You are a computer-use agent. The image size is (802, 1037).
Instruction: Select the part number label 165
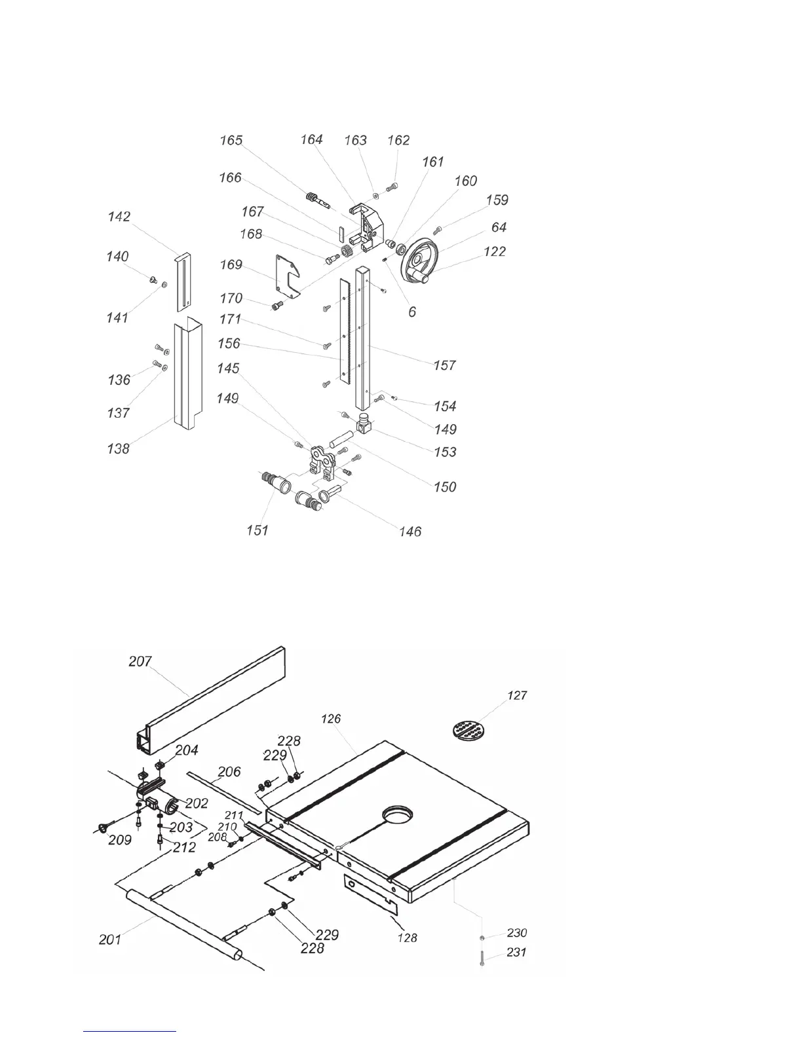click(231, 140)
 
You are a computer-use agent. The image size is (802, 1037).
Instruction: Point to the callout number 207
click(140, 661)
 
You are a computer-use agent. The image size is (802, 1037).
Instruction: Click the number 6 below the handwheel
click(412, 312)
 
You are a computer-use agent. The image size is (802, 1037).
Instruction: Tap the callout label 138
click(118, 449)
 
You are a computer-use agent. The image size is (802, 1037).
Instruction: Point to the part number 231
click(516, 952)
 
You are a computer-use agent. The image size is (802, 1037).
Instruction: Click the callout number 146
click(410, 532)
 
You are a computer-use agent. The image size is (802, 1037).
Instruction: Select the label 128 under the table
click(408, 938)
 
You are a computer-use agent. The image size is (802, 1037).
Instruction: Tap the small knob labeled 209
click(103, 829)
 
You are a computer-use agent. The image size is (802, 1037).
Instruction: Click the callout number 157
click(444, 365)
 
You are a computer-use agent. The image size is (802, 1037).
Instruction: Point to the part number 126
click(331, 719)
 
